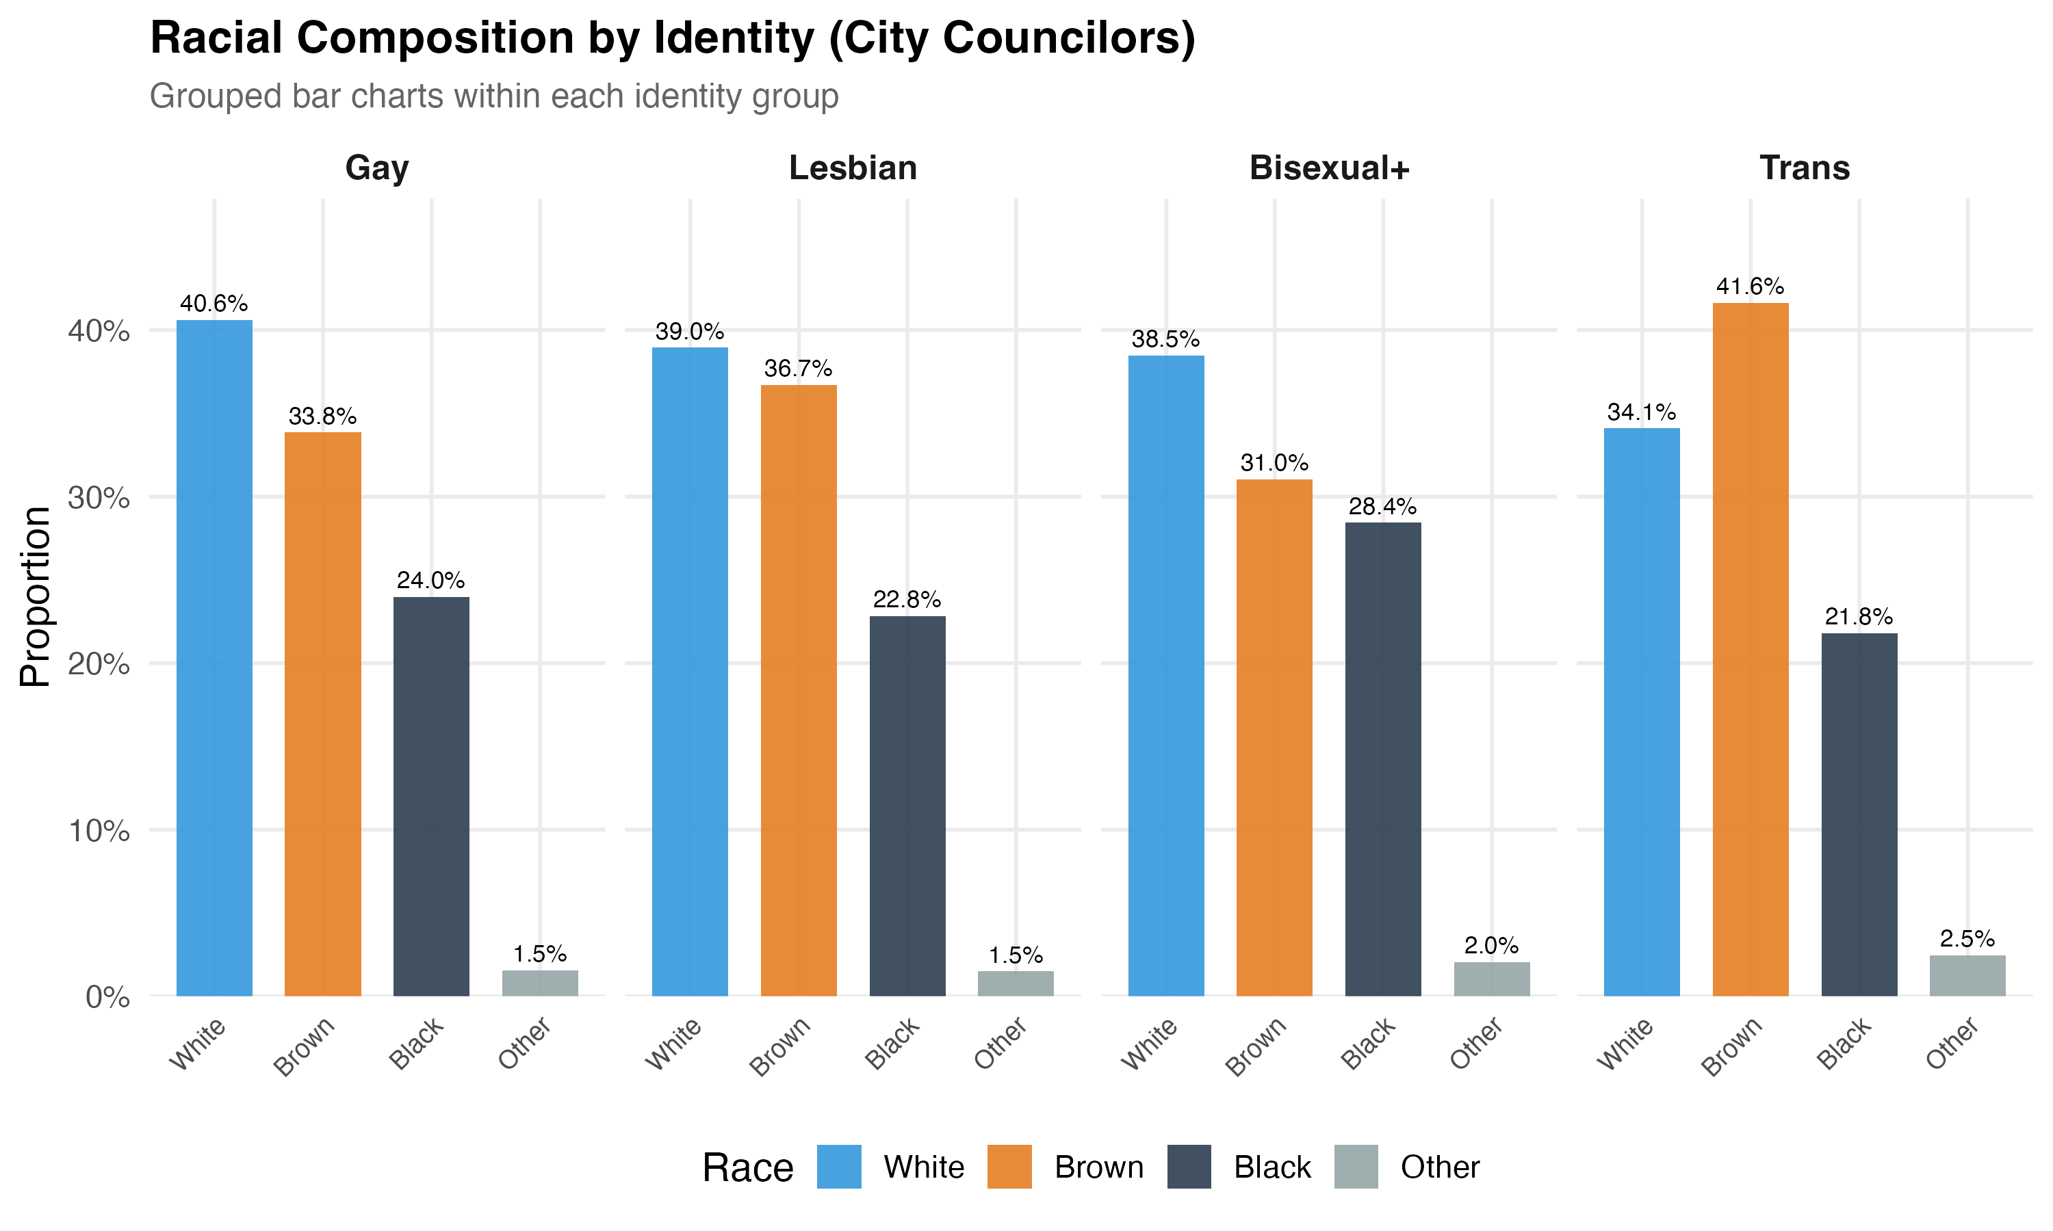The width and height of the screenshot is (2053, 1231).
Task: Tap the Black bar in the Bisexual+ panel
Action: coord(1382,758)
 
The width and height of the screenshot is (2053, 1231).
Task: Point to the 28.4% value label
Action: coord(1382,506)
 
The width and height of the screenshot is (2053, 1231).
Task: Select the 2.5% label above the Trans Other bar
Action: coord(1967,938)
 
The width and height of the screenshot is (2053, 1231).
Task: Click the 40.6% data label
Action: coord(214,304)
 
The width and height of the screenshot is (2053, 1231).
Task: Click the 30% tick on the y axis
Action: coord(99,498)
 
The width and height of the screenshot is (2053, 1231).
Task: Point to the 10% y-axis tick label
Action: coord(99,830)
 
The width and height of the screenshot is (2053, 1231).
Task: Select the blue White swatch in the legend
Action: coord(838,1166)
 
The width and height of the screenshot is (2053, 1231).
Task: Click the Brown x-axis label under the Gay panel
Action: coord(305,1046)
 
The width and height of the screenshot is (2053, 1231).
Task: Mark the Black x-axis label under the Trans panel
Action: coord(1843,1044)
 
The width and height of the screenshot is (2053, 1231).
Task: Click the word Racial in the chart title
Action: coord(216,38)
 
